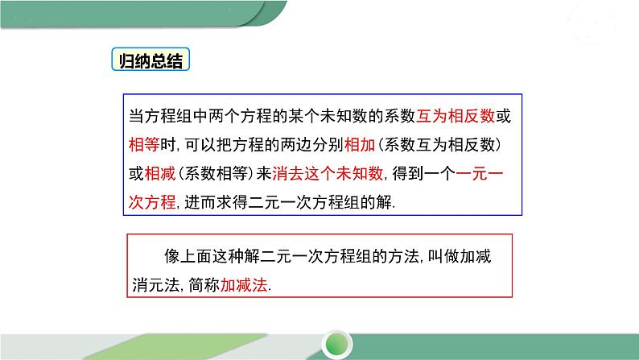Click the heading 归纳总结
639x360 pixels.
pyautogui.click(x=149, y=63)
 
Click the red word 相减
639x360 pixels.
pyautogui.click(x=157, y=173)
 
